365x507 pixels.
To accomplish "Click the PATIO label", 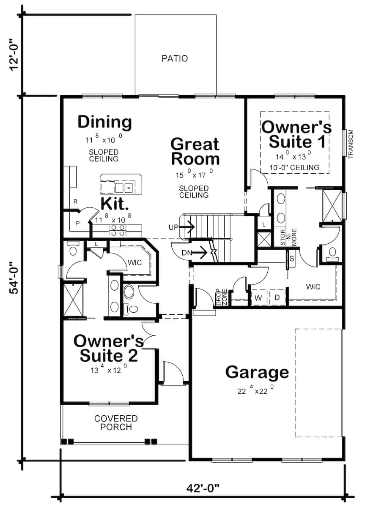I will (x=175, y=58).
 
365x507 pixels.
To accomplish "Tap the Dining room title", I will (x=104, y=122).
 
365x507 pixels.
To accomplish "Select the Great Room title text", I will (x=195, y=151).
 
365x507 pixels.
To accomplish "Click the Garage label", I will (x=257, y=372).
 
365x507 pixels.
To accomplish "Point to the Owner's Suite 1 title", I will (x=296, y=134).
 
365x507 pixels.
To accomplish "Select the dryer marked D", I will (x=277, y=297).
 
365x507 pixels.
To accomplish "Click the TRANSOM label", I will (x=350, y=144).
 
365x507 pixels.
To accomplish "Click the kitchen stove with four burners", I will (x=117, y=230).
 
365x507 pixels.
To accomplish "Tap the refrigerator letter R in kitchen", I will (x=75, y=202).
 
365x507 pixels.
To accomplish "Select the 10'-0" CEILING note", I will (x=294, y=168).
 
